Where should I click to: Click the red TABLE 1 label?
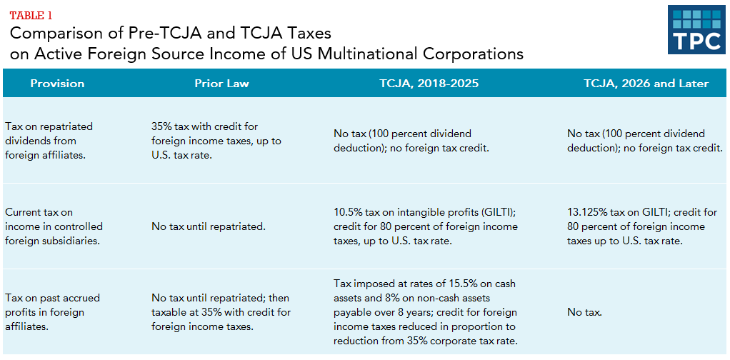(31, 15)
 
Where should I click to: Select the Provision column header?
(57, 84)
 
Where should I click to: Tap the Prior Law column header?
(221, 84)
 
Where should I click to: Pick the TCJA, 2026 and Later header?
(646, 84)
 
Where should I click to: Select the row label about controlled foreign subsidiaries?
(54, 226)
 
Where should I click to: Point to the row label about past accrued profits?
(52, 312)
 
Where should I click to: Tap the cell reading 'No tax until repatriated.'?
(209, 226)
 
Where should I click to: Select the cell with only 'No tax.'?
(584, 312)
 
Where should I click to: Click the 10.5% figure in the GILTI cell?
(348, 212)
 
